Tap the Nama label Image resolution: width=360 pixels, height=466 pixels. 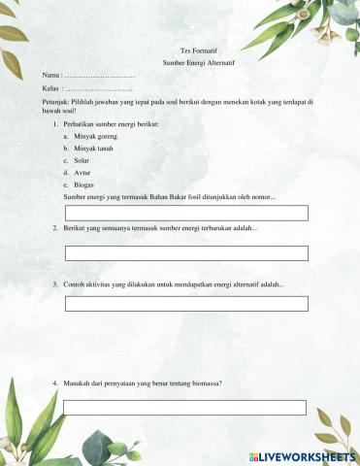pos(51,75)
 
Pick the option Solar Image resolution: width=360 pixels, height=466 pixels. pos(82,160)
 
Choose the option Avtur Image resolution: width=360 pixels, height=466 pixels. pos(82,172)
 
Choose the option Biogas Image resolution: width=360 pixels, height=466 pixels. pos(84,183)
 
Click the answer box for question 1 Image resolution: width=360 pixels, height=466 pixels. pos(186,213)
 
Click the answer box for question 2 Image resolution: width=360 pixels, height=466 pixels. pos(186,253)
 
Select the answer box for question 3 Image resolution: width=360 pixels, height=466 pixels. pos(186,304)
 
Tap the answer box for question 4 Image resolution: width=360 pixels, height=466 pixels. pos(184,408)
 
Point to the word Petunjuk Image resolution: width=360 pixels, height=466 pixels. pos(56,101)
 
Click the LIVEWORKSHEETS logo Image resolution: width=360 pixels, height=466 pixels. pos(303,455)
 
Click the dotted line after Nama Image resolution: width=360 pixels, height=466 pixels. pos(100,75)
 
